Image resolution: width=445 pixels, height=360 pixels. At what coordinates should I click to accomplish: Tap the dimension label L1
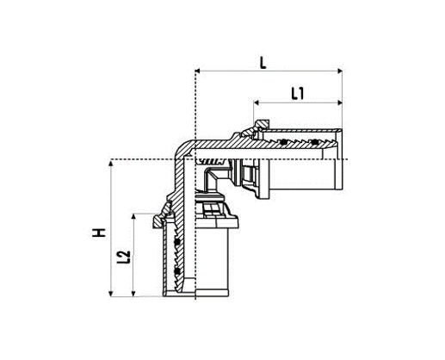pyautogui.click(x=296, y=94)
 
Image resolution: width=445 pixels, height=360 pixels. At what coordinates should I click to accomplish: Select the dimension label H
pyautogui.click(x=102, y=232)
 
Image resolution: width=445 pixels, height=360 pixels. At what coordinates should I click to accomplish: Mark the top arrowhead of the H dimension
pyautogui.click(x=113, y=164)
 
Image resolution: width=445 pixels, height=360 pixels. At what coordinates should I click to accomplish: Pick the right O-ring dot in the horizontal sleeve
pyautogui.click(x=315, y=141)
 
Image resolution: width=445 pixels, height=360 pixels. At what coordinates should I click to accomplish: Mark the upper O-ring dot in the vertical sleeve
pyautogui.click(x=176, y=245)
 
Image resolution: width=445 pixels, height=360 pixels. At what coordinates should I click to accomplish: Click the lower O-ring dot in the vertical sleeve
pyautogui.click(x=176, y=274)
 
